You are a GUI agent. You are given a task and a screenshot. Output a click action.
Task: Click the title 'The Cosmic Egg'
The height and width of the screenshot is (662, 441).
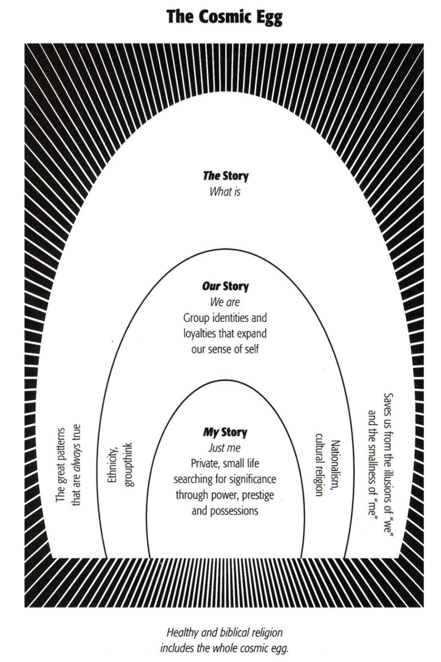pyautogui.click(x=224, y=17)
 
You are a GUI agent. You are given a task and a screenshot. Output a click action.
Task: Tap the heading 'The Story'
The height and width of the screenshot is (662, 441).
pyautogui.click(x=225, y=176)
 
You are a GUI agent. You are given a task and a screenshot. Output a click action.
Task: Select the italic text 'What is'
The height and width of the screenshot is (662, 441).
pyautogui.click(x=225, y=192)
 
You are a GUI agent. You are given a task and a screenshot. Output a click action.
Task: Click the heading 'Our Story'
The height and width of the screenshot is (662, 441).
pyautogui.click(x=225, y=287)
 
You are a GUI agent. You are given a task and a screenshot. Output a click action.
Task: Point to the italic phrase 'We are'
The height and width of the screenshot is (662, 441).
pyautogui.click(x=225, y=302)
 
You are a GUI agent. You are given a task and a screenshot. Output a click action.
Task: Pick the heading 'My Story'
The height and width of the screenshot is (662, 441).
pyautogui.click(x=225, y=432)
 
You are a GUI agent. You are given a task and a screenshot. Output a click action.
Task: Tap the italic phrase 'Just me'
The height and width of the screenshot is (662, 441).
pyautogui.click(x=224, y=448)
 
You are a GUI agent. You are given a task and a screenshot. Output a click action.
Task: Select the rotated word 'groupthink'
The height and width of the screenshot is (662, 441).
pyautogui.click(x=128, y=465)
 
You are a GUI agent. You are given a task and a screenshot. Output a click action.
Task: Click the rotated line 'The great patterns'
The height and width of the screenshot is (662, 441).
pyautogui.click(x=60, y=465)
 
